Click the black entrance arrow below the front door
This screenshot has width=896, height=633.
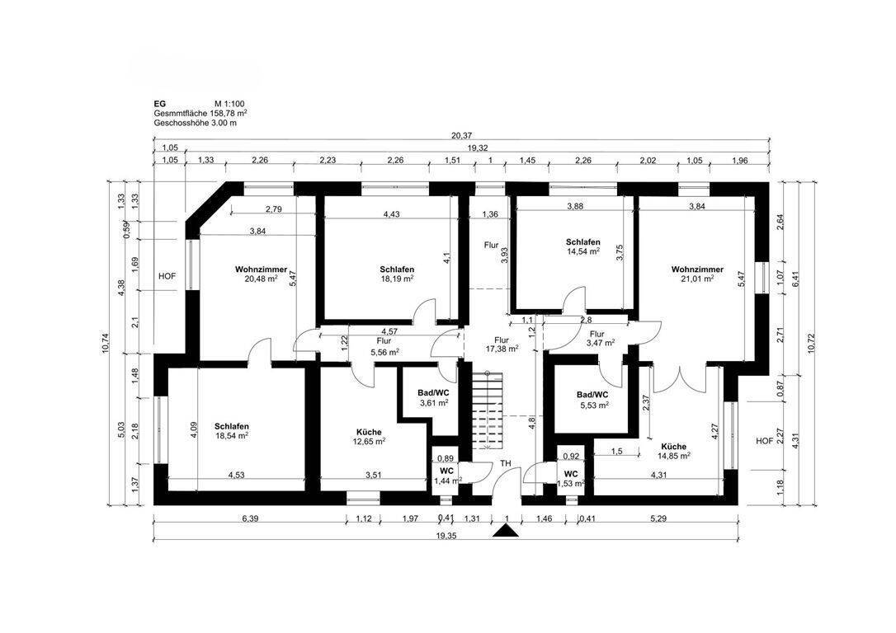coord(506,532)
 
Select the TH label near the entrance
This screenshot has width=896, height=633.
coord(506,463)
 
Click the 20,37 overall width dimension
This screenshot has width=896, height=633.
coord(461,135)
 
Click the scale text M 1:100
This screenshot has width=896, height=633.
coord(229,104)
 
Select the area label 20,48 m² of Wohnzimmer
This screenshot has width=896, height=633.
coord(261,279)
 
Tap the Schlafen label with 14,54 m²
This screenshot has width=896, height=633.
coord(582,242)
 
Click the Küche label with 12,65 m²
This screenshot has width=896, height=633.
coord(369,432)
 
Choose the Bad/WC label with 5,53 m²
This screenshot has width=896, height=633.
coord(592,395)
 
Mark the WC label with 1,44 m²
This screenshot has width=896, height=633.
coord(447,471)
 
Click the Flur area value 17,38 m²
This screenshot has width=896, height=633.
coord(502,348)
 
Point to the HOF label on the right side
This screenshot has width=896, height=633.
coord(765,441)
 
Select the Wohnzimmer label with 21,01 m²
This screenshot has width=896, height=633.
coord(697,270)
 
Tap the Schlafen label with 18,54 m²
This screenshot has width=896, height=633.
coord(232,426)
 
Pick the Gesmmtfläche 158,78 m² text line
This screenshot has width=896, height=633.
coord(200,113)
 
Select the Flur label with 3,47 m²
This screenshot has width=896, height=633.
coord(597,334)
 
